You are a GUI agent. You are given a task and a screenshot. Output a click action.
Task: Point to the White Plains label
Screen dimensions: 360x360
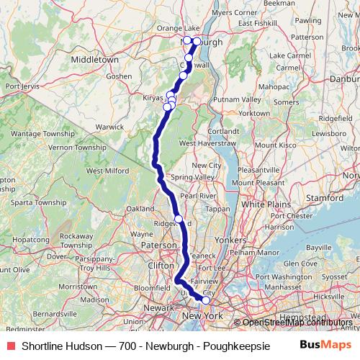coord(264,204)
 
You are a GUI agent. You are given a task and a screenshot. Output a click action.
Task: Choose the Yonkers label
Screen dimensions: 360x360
coord(231,240)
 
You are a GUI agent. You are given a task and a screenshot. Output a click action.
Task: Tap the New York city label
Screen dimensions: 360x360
coord(202,316)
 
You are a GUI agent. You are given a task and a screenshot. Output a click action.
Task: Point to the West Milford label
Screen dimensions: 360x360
coord(103,171)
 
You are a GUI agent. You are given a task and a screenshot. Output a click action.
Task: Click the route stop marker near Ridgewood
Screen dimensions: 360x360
coord(179,219)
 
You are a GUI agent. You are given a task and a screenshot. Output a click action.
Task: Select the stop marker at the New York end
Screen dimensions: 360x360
coord(205,300)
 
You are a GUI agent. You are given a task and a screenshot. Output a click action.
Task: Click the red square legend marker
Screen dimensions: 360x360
coord(9,346)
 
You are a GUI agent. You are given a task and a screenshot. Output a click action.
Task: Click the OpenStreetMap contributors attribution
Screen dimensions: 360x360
coord(297,323)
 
